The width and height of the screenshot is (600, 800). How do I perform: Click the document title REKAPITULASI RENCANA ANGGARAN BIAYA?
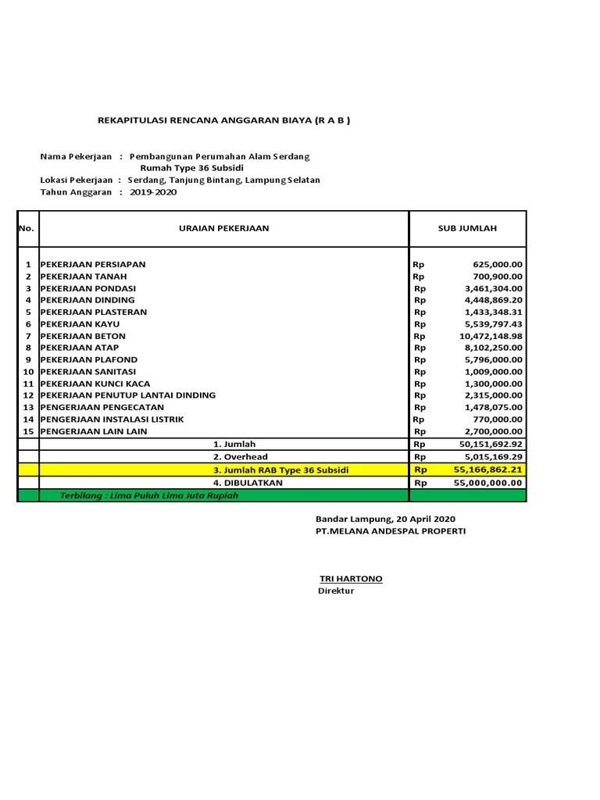(223, 121)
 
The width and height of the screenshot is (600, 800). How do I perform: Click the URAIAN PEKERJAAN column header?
(223, 228)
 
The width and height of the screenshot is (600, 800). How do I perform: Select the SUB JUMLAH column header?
(467, 228)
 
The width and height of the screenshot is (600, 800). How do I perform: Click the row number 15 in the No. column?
(28, 431)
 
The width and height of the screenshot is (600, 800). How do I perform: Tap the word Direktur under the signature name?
(336, 591)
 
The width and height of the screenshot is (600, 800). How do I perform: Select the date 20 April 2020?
(426, 519)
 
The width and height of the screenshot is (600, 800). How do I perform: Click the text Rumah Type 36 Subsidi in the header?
(192, 168)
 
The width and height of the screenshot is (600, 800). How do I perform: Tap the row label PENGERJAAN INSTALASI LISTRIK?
(112, 420)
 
